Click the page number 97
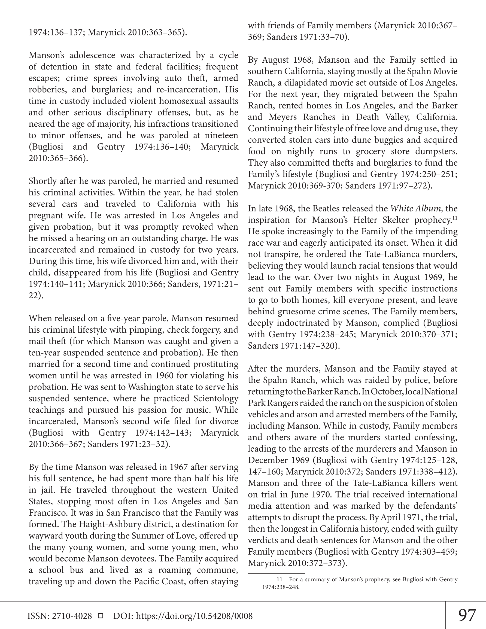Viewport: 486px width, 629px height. coord(467,615)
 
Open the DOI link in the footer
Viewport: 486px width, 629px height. coord(194,616)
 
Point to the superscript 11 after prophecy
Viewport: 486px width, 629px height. coord(455,218)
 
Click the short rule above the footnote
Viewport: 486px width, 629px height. coord(276,574)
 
